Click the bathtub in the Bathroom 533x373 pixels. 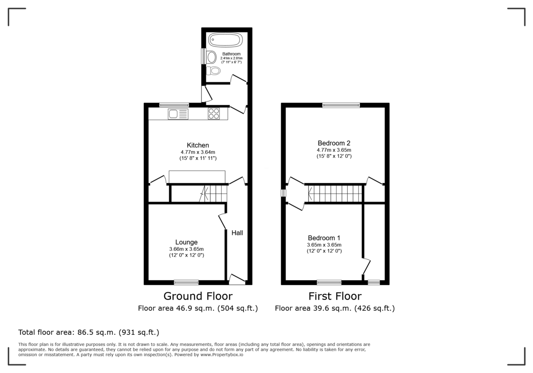tap(226, 40)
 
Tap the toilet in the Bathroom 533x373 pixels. tap(215, 71)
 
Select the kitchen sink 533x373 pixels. tap(178, 114)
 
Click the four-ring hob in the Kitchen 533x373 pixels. tap(214, 114)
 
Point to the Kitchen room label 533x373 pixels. tap(198, 145)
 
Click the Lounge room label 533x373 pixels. tap(186, 242)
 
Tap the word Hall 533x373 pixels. tap(237, 233)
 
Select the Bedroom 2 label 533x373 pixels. tap(334, 143)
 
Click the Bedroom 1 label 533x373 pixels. tap(324, 238)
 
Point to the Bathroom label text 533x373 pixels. tap(231, 54)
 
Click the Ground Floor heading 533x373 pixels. tap(198, 296)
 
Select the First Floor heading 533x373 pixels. tap(335, 296)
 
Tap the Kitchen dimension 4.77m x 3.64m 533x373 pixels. tap(198, 152)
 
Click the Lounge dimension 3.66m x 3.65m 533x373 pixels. tap(186, 249)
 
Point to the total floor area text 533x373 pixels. tap(88, 332)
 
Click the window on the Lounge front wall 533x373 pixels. tap(186, 282)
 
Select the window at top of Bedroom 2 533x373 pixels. tap(341, 105)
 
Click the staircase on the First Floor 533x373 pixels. tap(335, 194)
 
